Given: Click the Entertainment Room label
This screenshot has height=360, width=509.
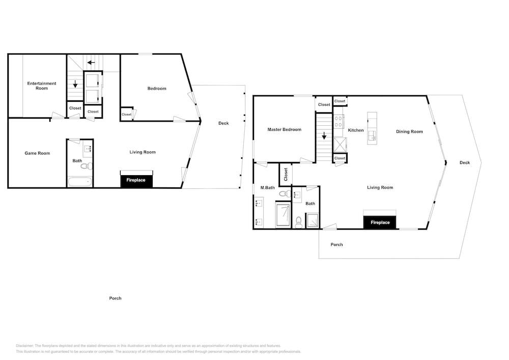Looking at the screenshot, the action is (42, 86).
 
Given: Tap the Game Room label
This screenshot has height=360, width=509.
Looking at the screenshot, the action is (37, 153).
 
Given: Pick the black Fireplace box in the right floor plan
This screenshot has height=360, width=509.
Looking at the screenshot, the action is (380, 223).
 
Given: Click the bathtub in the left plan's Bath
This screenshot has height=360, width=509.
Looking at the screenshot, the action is (80, 182).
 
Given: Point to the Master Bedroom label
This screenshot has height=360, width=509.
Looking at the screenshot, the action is (285, 129).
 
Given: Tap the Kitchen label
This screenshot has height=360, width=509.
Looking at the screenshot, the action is (356, 130).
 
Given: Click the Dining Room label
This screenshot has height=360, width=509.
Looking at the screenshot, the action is (409, 131).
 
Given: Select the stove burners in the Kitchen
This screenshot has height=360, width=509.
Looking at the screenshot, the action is (339, 121).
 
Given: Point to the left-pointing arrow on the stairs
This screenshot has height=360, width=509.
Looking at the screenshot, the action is (91, 62).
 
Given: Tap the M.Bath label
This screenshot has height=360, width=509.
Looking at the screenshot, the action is (268, 187).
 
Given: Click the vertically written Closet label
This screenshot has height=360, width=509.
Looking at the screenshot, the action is (286, 174).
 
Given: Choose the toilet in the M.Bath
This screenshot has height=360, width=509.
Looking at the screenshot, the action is (285, 194).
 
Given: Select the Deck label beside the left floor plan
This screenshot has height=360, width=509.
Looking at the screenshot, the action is (223, 123).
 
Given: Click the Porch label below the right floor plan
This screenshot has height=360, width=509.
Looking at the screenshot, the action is (336, 244).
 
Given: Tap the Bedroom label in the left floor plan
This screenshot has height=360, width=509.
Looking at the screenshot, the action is (157, 88).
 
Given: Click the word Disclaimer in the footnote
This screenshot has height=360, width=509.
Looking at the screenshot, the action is (24, 346).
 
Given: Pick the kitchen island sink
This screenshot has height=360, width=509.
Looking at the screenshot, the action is (372, 136).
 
